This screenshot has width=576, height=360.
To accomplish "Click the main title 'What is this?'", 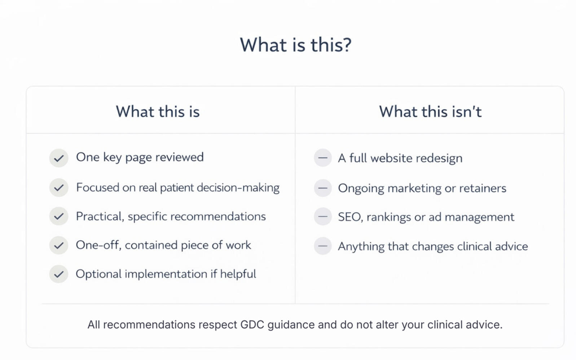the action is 295,45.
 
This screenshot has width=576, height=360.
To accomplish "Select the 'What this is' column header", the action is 158,111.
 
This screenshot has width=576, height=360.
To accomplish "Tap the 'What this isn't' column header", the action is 430,111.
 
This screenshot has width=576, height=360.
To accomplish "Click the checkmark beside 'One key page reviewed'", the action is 59,158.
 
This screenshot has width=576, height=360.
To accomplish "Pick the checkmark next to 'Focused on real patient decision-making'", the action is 59,188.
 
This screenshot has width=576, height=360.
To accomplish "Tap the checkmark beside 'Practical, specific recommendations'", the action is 59,216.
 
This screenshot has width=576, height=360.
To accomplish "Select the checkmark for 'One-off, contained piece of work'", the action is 59,245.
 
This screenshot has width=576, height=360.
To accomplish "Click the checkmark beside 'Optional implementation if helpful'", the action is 59,274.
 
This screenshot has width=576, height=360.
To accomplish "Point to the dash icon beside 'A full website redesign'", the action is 323,158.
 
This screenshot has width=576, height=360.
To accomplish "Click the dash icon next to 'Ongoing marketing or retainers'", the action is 323,188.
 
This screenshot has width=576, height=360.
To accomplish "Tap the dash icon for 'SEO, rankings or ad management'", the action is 323,216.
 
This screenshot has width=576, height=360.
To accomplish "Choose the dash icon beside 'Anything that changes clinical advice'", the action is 323,246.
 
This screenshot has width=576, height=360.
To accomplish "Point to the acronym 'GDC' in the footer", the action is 252,325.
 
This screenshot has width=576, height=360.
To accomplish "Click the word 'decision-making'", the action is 238,188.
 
